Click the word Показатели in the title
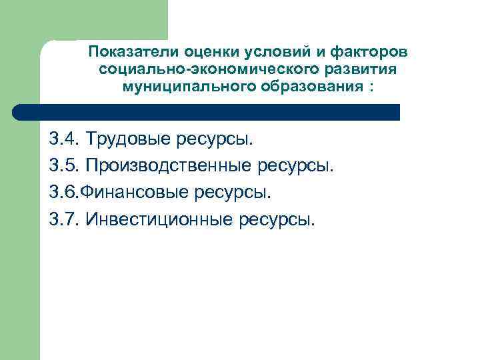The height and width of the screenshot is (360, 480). [127, 52]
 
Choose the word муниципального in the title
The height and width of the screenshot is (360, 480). [178, 87]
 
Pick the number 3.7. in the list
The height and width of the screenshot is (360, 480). [65, 219]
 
